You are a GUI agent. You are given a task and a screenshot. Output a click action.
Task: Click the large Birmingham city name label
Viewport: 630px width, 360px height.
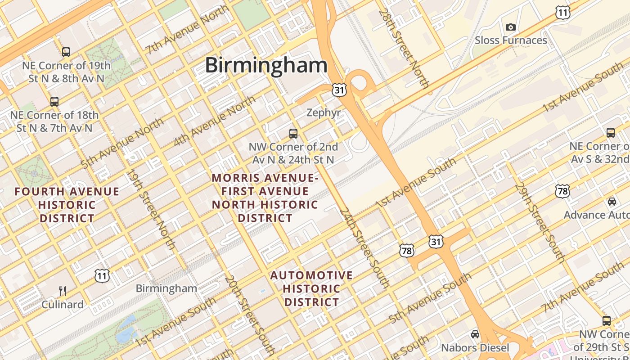tap(266, 65)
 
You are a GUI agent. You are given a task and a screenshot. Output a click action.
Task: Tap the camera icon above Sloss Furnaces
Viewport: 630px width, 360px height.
tap(510, 27)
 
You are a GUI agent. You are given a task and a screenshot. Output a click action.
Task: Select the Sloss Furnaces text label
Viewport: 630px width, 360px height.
tap(511, 40)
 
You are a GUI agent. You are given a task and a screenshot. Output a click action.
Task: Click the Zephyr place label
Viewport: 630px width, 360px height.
tap(324, 112)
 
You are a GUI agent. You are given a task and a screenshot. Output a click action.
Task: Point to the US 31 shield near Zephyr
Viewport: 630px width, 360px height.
tap(339, 90)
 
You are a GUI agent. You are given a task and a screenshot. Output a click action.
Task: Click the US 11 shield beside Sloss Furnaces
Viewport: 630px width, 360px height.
tap(562, 13)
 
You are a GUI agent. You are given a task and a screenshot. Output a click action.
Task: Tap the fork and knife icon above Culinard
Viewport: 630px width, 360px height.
tap(63, 291)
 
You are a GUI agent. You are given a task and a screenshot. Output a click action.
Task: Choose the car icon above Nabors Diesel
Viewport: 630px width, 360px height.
tap(475, 334)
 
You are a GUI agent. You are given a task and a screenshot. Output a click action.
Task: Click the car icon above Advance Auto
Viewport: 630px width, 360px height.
tap(612, 201)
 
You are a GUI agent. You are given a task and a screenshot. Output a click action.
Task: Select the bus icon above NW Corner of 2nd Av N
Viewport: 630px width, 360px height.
tap(293, 133)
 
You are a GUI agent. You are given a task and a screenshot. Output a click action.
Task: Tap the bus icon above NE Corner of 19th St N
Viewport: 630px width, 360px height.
tap(66, 52)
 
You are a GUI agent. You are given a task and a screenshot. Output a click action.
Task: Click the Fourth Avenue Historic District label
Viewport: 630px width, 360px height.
tap(67, 205)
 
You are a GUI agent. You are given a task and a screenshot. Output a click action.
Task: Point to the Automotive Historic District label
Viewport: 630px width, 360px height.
tap(311, 288)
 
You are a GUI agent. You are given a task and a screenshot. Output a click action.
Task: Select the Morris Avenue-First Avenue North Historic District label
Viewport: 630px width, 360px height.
tap(265, 198)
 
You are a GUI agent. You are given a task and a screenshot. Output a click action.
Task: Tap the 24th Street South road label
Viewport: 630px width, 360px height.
tap(364, 247)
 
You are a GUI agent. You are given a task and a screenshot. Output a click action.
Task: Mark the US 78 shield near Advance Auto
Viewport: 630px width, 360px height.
tap(562, 191)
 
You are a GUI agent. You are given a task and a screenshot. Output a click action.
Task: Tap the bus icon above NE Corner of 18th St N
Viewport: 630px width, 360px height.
tap(54, 102)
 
